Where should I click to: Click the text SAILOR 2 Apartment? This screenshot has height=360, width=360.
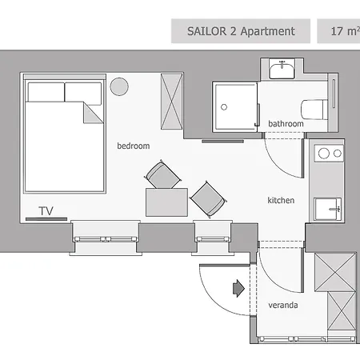[241, 32]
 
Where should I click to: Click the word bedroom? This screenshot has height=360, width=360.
[133, 146]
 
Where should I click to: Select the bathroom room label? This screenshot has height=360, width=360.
[286, 124]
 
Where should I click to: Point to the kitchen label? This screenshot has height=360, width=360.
[281, 200]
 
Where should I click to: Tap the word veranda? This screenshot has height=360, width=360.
[282, 305]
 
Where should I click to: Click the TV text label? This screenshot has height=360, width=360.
[46, 210]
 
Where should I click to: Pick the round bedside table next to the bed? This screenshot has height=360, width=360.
[120, 86]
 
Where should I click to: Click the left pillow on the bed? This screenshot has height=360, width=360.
[44, 90]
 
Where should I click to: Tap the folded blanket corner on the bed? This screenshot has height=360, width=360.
[94, 111]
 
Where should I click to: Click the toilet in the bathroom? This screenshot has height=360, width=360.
[313, 108]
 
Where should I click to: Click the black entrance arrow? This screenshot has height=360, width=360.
[238, 288]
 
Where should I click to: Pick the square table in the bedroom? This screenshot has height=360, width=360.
[162, 202]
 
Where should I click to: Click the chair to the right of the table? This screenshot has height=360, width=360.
[207, 198]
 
